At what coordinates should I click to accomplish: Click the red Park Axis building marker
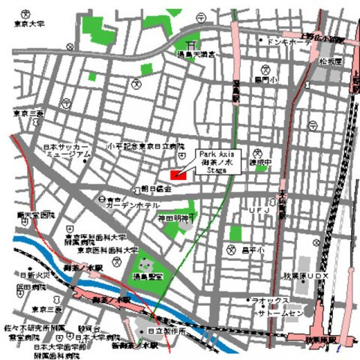point(178,175)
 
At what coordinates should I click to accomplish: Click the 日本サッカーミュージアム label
point(65,151)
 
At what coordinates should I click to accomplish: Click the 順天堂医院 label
point(35,215)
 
